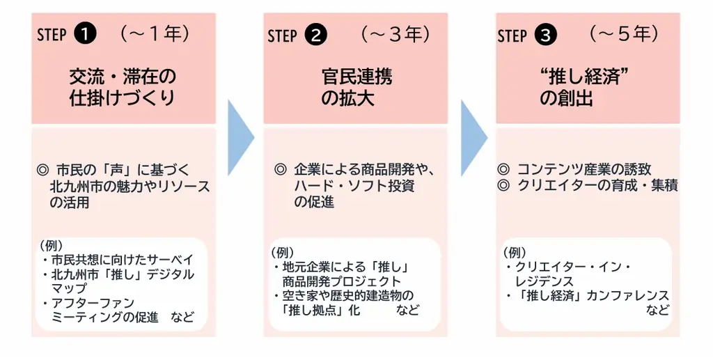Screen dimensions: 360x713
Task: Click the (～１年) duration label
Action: (x=154, y=33)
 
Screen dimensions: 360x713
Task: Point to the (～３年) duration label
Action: (x=395, y=33)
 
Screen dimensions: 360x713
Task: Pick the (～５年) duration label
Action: (x=624, y=33)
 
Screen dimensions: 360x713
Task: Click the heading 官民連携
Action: (x=356, y=76)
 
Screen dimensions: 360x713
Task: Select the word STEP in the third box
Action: (x=511, y=36)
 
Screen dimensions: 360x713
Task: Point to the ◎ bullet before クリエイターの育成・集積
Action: (x=505, y=185)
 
